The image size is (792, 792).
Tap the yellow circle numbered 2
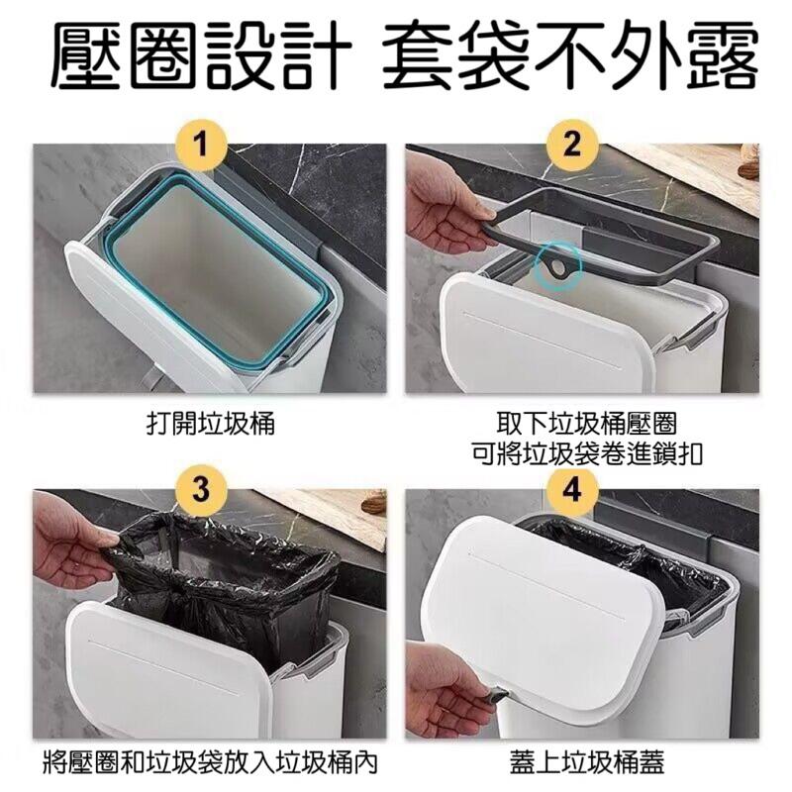click(x=570, y=148)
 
